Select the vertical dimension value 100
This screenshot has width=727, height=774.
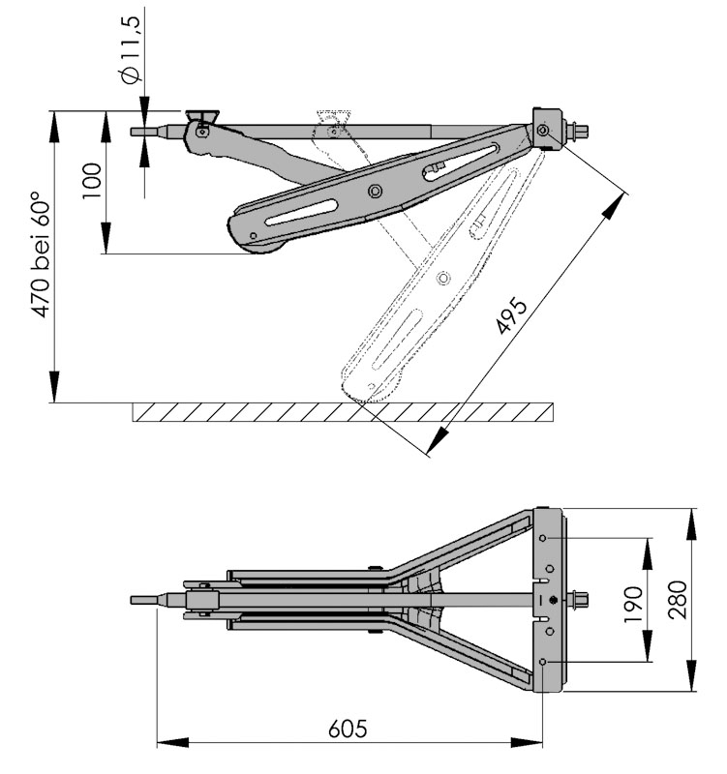92,180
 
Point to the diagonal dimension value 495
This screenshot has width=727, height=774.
510,317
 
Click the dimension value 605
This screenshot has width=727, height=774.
347,727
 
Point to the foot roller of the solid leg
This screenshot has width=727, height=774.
263,250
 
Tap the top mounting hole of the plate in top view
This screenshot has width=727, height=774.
546,538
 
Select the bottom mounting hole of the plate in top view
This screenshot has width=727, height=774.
546,661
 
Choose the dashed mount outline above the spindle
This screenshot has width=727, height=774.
334,122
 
